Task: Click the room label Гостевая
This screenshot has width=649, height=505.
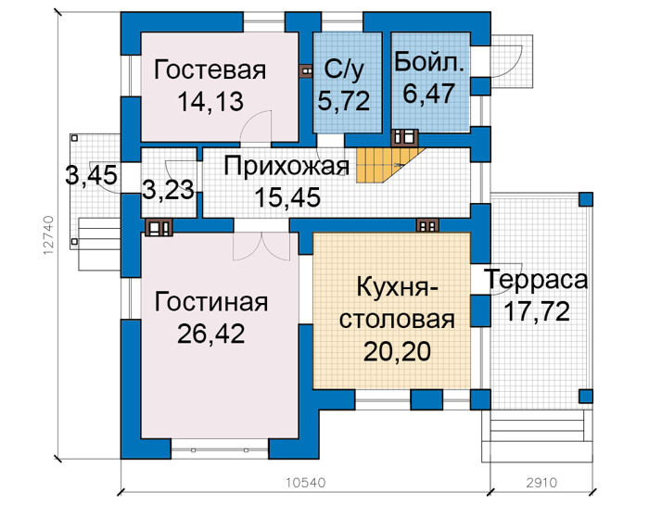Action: point(210,69)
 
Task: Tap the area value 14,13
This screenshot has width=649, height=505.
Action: point(210,102)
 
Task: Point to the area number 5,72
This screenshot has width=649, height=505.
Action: point(344,100)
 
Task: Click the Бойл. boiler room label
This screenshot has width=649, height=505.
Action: point(429,62)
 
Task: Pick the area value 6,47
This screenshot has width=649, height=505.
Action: point(429,94)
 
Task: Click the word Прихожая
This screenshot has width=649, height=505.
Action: point(286,167)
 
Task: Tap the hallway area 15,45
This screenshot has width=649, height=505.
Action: point(287,197)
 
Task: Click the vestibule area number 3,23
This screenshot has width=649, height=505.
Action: point(169,190)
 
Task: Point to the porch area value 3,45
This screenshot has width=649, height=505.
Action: point(92,175)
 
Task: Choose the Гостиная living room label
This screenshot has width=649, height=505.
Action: point(211,302)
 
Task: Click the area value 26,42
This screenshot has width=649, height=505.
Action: point(211,335)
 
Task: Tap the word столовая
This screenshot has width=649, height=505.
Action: point(397,320)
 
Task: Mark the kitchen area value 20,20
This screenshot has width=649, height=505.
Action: point(397,352)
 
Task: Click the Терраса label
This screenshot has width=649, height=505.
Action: point(537,280)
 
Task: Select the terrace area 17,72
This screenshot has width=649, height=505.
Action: point(537,312)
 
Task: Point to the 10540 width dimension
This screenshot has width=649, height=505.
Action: point(306,483)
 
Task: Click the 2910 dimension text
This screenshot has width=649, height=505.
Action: point(541,483)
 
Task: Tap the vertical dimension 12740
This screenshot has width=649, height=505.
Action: point(48,235)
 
